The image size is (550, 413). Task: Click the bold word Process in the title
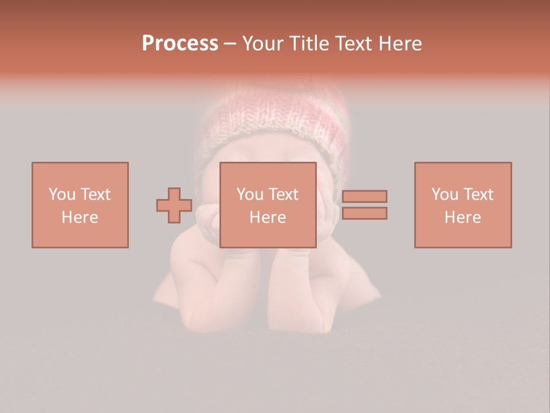point(180,44)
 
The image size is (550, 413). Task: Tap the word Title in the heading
point(310,44)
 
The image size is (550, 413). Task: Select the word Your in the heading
point(264,44)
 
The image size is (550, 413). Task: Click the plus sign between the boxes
point(174,205)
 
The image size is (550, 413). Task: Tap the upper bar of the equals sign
point(364,196)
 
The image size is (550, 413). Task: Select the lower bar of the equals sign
point(364,213)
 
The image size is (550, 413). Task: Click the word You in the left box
point(62,194)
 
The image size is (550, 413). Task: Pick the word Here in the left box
point(80,217)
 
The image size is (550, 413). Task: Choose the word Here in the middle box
point(268,217)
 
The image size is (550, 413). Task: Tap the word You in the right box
point(445,194)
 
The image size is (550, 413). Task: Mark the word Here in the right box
point(462,217)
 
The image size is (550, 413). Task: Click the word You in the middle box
point(250,194)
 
